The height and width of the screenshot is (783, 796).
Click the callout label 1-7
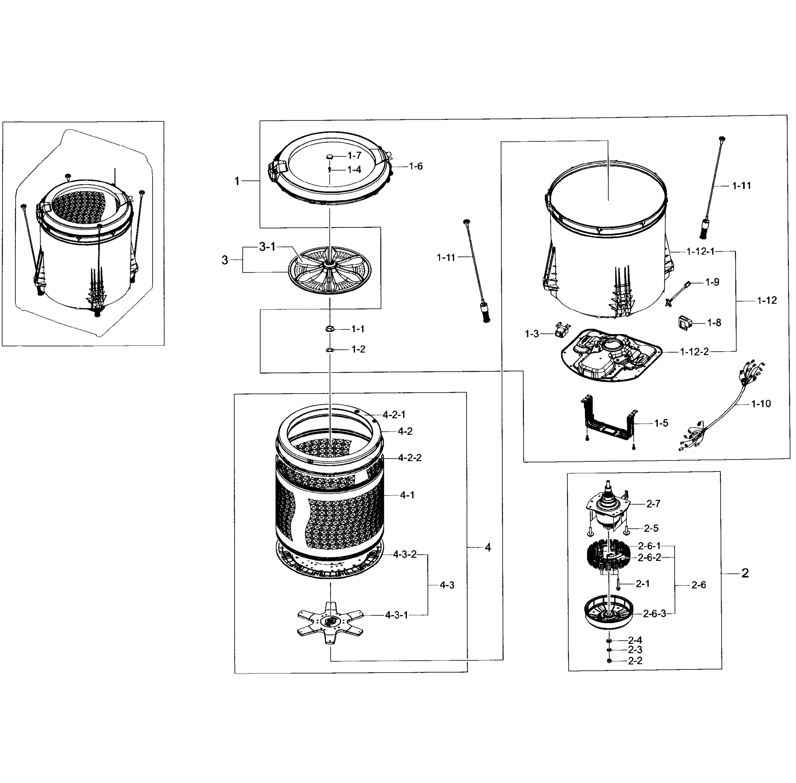point(354,155)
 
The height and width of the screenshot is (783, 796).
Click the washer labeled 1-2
point(329,349)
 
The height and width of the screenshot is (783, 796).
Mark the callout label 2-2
point(635,661)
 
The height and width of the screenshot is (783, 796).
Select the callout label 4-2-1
point(394,415)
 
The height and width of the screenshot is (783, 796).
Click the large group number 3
point(225,260)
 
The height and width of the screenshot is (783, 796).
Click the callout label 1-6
point(415,166)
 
